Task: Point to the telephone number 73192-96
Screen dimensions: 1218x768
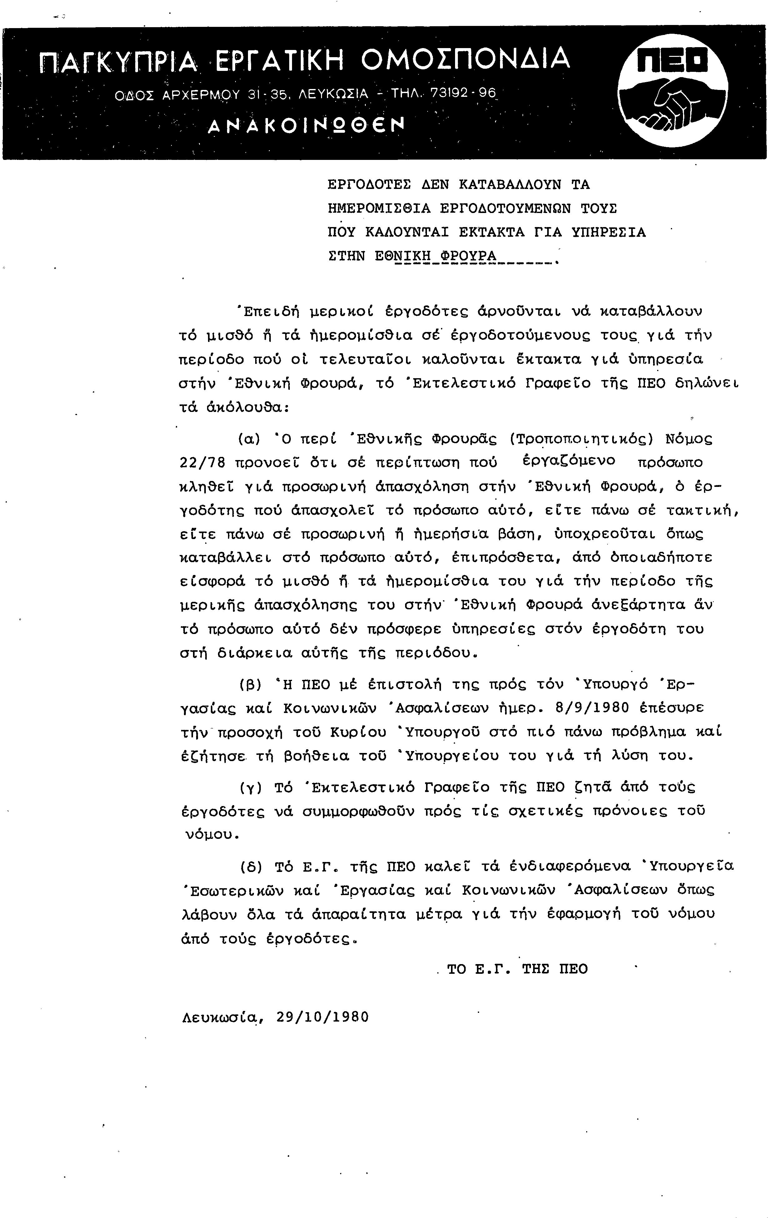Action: (x=463, y=93)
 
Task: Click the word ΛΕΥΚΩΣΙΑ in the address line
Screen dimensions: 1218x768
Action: (x=334, y=94)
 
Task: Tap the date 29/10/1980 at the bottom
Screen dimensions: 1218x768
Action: (x=323, y=1017)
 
